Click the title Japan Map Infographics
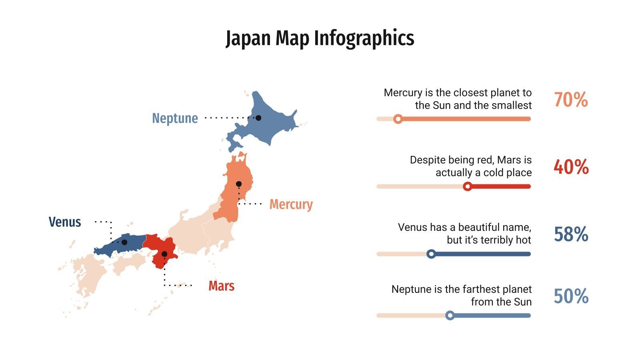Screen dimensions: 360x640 [320, 38]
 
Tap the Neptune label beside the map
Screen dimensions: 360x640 [175, 118]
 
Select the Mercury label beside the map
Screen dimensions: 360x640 [291, 204]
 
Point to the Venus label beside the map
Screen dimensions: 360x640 [65, 222]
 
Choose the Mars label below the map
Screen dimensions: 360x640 [221, 286]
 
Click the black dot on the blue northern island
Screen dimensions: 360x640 [258, 118]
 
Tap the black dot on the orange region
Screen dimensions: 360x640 [239, 184]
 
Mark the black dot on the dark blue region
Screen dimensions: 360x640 [124, 242]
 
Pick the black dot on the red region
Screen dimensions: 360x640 [164, 254]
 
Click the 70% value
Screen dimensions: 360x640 [571, 100]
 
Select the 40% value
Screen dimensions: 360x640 [571, 167]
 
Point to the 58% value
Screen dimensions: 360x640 [571, 234]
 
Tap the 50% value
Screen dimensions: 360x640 [571, 296]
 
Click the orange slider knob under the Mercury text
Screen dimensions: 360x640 [398, 119]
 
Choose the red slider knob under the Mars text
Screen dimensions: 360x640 [467, 186]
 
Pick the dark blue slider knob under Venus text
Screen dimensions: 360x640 [431, 254]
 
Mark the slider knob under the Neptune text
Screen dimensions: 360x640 [450, 316]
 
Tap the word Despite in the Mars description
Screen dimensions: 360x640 [425, 160]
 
